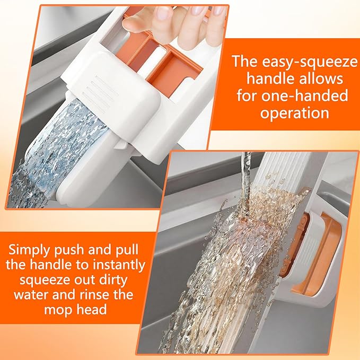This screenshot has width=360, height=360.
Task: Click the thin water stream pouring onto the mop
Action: [245, 175]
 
